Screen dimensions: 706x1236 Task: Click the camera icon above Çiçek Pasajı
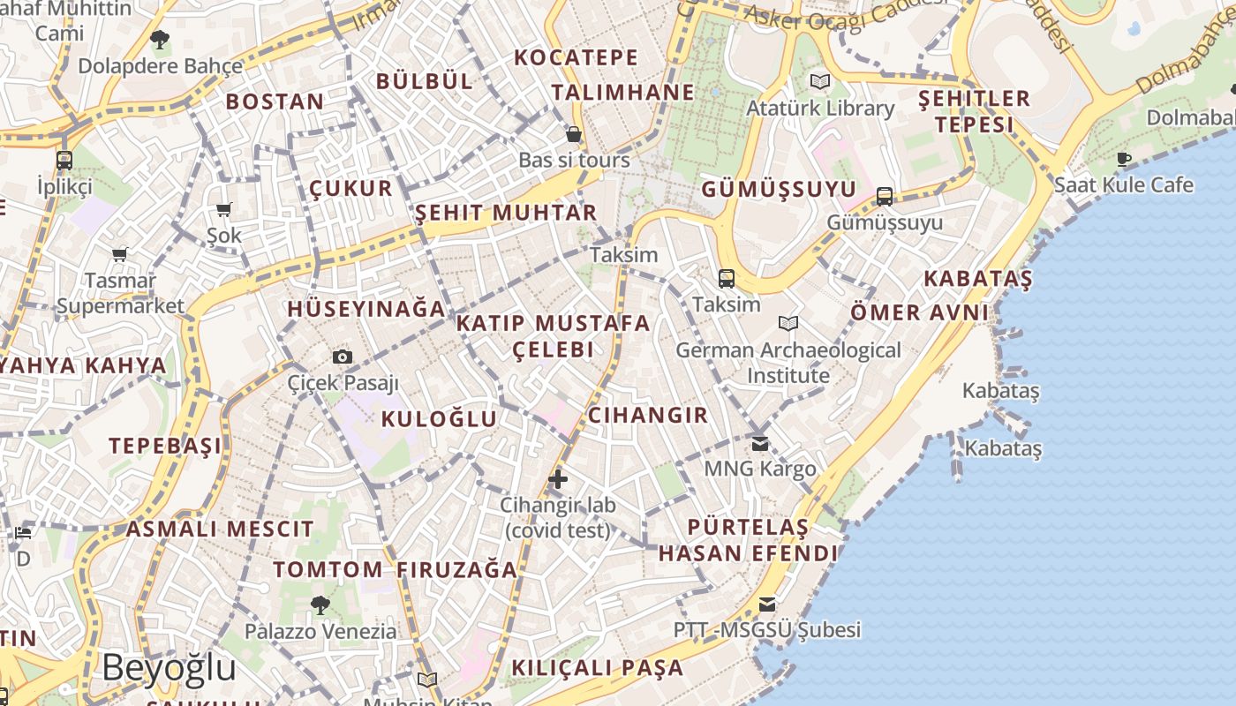[x=343, y=357]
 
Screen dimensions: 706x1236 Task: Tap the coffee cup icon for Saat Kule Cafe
[x=1123, y=159]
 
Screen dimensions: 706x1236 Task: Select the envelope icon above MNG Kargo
[x=760, y=443]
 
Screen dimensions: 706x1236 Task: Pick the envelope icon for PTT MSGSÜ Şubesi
[x=767, y=605]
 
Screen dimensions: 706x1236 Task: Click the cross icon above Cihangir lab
[x=557, y=480]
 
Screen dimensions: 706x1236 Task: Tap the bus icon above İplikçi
[x=64, y=161]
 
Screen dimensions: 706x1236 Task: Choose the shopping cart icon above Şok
[x=223, y=210]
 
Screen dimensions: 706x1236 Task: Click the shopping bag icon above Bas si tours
[x=574, y=135]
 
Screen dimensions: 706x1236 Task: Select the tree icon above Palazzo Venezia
[x=320, y=605]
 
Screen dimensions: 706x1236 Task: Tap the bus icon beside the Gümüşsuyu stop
[x=885, y=197]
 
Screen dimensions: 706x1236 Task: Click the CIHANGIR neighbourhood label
[x=648, y=415]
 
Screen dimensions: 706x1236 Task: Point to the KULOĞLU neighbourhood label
[x=439, y=419]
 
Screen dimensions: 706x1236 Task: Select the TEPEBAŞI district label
[x=165, y=445]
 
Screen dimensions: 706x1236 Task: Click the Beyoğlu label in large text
[x=169, y=668]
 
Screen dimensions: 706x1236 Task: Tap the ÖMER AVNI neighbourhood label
[x=919, y=312]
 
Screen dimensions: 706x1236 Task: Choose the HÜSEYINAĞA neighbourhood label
[x=366, y=309]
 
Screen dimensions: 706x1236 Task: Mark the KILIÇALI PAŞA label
[x=598, y=667]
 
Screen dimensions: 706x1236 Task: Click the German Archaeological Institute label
[x=788, y=363]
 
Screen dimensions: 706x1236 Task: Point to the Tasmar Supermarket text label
[x=120, y=294]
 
